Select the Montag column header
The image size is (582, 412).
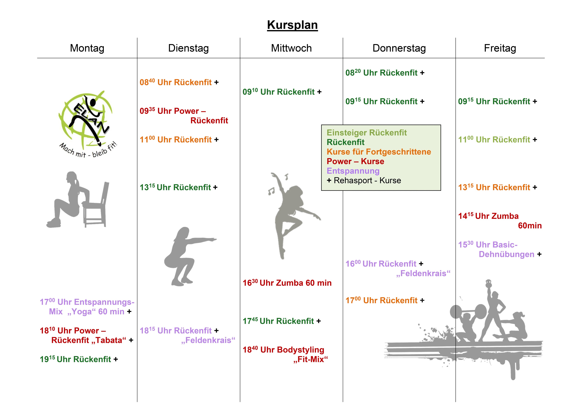87,48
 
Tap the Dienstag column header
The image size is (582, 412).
188,48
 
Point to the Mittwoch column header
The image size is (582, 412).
291,48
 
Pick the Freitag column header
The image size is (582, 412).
500,48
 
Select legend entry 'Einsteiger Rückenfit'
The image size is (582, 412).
366,132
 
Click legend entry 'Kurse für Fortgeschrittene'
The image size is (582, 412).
379,152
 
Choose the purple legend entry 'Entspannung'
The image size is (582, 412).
353,171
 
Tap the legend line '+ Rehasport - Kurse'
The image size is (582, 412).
364,180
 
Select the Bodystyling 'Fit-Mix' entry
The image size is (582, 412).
285,354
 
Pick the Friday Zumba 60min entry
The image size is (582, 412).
499,221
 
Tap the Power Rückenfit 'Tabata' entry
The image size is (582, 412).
86,335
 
